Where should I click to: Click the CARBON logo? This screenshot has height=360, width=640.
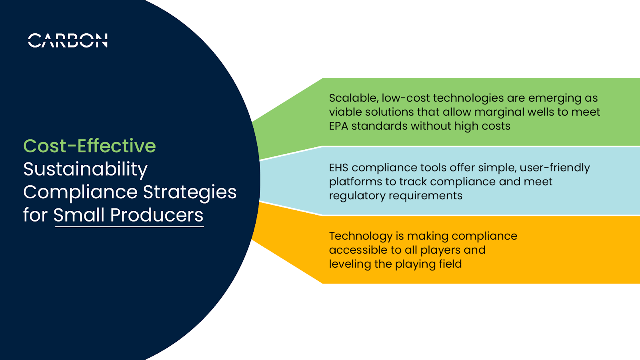pos(68,40)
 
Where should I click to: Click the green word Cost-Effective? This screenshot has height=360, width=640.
pos(90,146)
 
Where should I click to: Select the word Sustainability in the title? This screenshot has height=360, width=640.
pos(85,169)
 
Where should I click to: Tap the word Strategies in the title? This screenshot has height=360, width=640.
pos(190,192)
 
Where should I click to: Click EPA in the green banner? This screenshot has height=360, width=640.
pos(338,126)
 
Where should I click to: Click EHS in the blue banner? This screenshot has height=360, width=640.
pos(338,168)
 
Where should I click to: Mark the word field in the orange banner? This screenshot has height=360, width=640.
pos(451,264)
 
